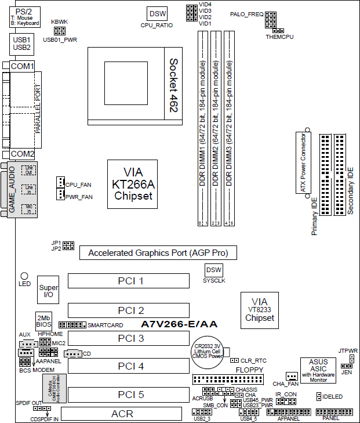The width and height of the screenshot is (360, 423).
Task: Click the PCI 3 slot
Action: click(130, 338)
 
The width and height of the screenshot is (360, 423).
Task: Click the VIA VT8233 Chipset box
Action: click(259, 310)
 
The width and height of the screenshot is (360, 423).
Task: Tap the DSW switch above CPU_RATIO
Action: click(157, 13)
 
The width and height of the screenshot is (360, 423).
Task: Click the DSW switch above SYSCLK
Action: click(214, 270)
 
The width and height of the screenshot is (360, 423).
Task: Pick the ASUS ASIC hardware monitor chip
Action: click(318, 370)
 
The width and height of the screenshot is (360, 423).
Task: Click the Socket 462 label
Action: click(173, 85)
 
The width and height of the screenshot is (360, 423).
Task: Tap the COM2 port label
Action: click(23, 154)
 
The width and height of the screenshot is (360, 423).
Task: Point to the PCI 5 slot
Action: click(130, 395)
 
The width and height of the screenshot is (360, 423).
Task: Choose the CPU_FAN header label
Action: click(79, 185)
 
